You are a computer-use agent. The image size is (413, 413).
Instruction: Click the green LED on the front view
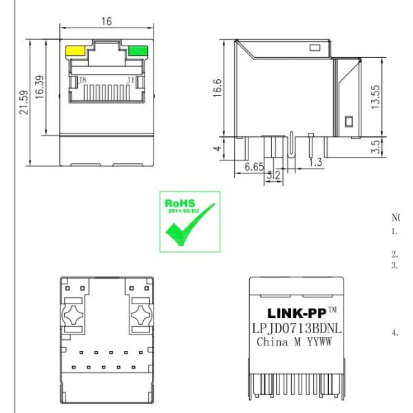coord(138,50)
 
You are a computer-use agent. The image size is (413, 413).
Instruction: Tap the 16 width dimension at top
coord(107,22)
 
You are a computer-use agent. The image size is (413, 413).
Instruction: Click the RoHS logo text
coord(180,204)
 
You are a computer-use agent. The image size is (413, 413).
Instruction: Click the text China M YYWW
coord(295,341)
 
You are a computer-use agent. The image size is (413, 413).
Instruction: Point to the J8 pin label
coord(83,81)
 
